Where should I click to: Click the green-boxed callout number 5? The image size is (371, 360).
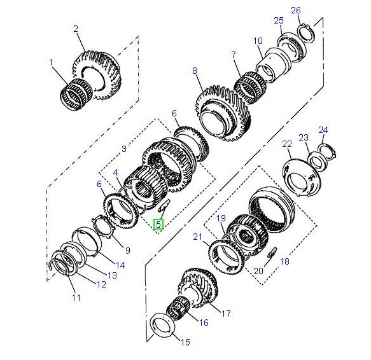(158, 224)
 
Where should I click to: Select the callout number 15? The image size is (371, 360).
(185, 343)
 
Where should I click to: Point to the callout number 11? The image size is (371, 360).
(76, 297)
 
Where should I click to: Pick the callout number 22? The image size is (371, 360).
(287, 144)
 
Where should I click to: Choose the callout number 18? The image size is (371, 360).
(284, 261)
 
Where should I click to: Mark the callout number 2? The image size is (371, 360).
(76, 29)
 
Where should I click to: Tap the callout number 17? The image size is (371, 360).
(225, 312)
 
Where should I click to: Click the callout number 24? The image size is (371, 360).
(323, 130)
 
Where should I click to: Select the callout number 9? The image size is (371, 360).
(127, 250)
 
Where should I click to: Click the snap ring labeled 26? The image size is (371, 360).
(304, 32)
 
